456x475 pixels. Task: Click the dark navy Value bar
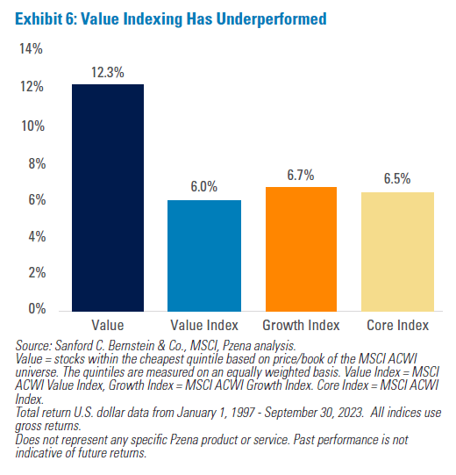[x=108, y=197]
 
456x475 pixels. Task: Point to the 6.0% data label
[x=203, y=186]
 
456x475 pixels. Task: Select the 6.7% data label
[x=300, y=174]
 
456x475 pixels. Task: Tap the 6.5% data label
[x=397, y=178]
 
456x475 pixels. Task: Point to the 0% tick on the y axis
[x=34, y=309]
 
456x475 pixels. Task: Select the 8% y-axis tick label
[x=34, y=162]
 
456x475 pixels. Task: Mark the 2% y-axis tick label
[x=34, y=272]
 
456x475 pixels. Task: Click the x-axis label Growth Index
[x=300, y=326]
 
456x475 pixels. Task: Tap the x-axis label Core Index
[x=397, y=326]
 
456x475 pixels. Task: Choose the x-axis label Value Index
[x=203, y=326]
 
